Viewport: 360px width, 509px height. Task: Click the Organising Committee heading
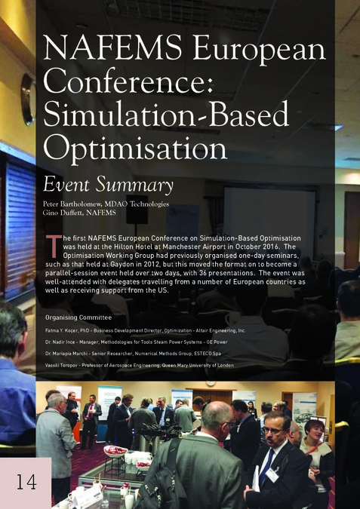pyautogui.click(x=78, y=317)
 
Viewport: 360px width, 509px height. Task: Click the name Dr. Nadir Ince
pyautogui.click(x=63, y=342)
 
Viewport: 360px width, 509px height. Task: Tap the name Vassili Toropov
pyautogui.click(x=64, y=365)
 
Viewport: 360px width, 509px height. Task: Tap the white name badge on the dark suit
pyautogui.click(x=271, y=474)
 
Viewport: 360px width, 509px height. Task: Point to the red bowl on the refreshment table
pyautogui.click(x=114, y=451)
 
